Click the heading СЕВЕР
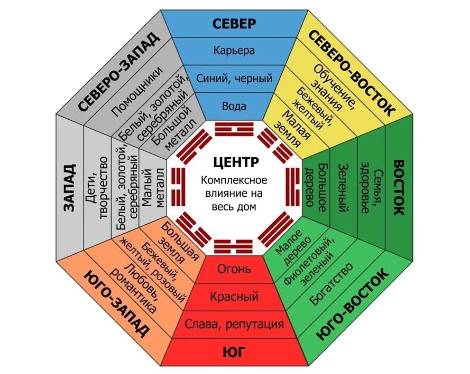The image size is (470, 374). pos(234,24)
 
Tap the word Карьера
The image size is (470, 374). pos(234,51)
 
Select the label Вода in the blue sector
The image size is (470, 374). pos(234,106)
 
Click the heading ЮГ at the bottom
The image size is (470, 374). pos(234,352)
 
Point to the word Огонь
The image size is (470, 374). pos(234,269)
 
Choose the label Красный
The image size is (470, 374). pos(234,296)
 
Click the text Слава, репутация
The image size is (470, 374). pos(234,324)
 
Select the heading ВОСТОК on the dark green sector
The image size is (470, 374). pos(398,187)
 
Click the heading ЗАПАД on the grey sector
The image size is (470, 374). pos(69,187)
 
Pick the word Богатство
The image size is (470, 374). pos(331,284)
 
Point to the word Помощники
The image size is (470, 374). pos(137,91)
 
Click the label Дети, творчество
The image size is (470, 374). pos(96,187)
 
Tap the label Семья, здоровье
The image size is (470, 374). pos(371,187)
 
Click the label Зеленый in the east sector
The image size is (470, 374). pos(344,187)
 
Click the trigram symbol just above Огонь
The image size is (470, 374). pos(234,246)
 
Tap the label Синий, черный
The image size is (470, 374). pos(234,78)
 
